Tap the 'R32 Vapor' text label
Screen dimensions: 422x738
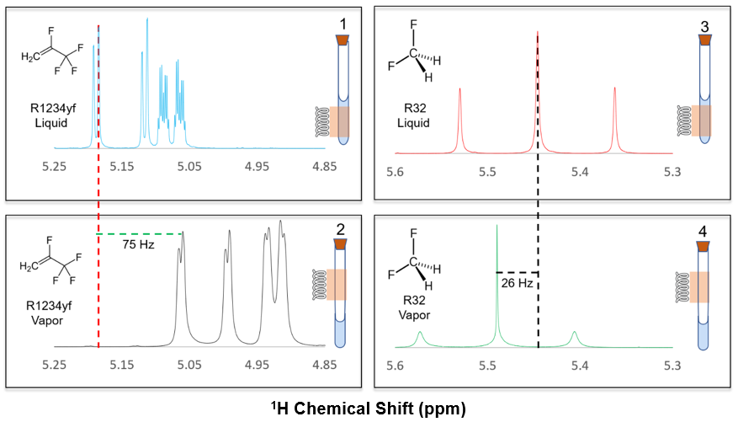[413, 310]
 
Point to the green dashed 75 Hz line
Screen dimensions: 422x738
[139, 233]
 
